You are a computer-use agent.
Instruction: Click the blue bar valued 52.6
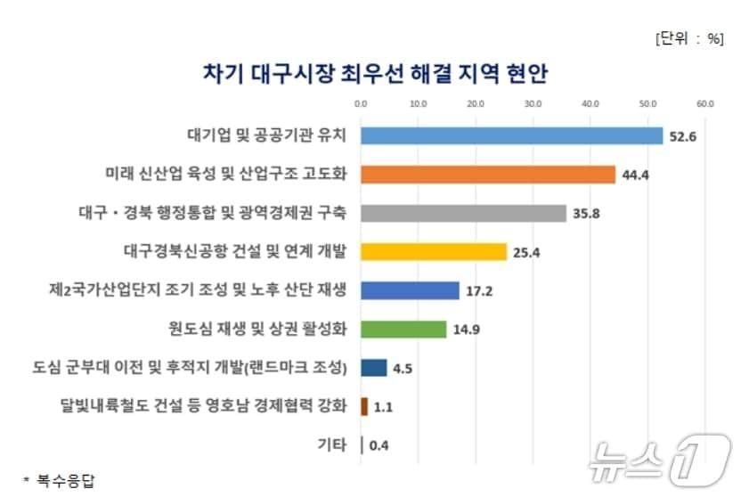tap(512, 135)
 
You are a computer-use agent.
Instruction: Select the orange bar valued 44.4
tap(488, 175)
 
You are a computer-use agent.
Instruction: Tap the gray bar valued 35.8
tap(463, 213)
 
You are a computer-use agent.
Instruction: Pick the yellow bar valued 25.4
tap(434, 252)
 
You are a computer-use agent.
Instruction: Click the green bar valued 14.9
tap(403, 330)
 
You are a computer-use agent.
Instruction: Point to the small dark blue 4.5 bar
tap(374, 368)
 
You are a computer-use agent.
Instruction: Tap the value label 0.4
tap(379, 445)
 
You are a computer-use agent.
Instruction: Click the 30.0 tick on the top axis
tap(533, 104)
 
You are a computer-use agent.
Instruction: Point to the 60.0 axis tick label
tap(706, 104)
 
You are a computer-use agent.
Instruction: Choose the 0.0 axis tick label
tap(361, 104)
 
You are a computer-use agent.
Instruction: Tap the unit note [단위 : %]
tap(688, 38)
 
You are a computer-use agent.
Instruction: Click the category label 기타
tap(332, 445)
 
